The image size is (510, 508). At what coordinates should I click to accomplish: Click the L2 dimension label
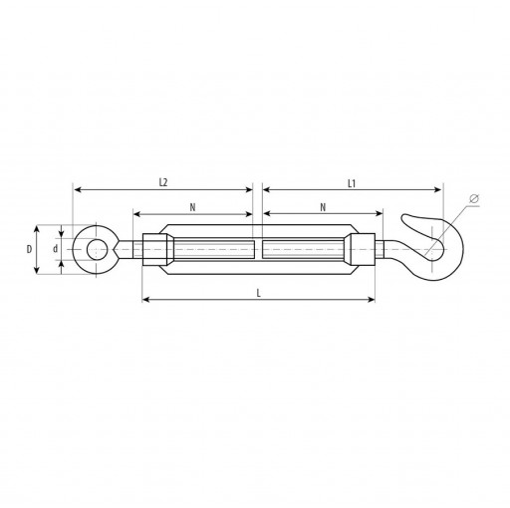pos(163,182)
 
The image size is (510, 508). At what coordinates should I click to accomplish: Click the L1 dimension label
pos(352,183)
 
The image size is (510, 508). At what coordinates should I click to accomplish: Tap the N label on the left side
pos(192,207)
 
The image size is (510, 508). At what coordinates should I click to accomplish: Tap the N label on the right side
pos(323,207)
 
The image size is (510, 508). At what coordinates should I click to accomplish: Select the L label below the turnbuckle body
pos(259,293)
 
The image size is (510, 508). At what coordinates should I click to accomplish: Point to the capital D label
pos(29,249)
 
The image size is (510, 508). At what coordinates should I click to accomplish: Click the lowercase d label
pos(56,249)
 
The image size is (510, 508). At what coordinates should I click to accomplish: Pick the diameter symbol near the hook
pos(474,198)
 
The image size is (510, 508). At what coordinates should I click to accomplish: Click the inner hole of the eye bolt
pos(97,249)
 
